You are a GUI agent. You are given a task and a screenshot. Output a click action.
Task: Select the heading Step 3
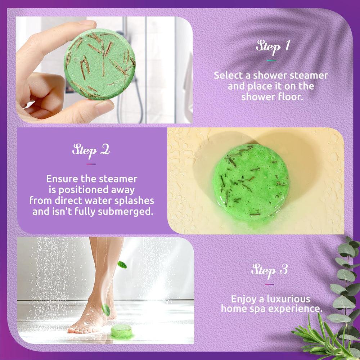269,270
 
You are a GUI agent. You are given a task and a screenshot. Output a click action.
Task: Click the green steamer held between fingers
100,64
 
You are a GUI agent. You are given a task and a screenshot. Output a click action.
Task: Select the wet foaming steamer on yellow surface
251,182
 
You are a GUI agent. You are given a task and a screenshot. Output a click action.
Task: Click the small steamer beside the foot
121,331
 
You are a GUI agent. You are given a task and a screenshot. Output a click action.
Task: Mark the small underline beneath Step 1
271,60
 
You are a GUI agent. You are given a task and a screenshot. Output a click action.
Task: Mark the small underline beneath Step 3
269,284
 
